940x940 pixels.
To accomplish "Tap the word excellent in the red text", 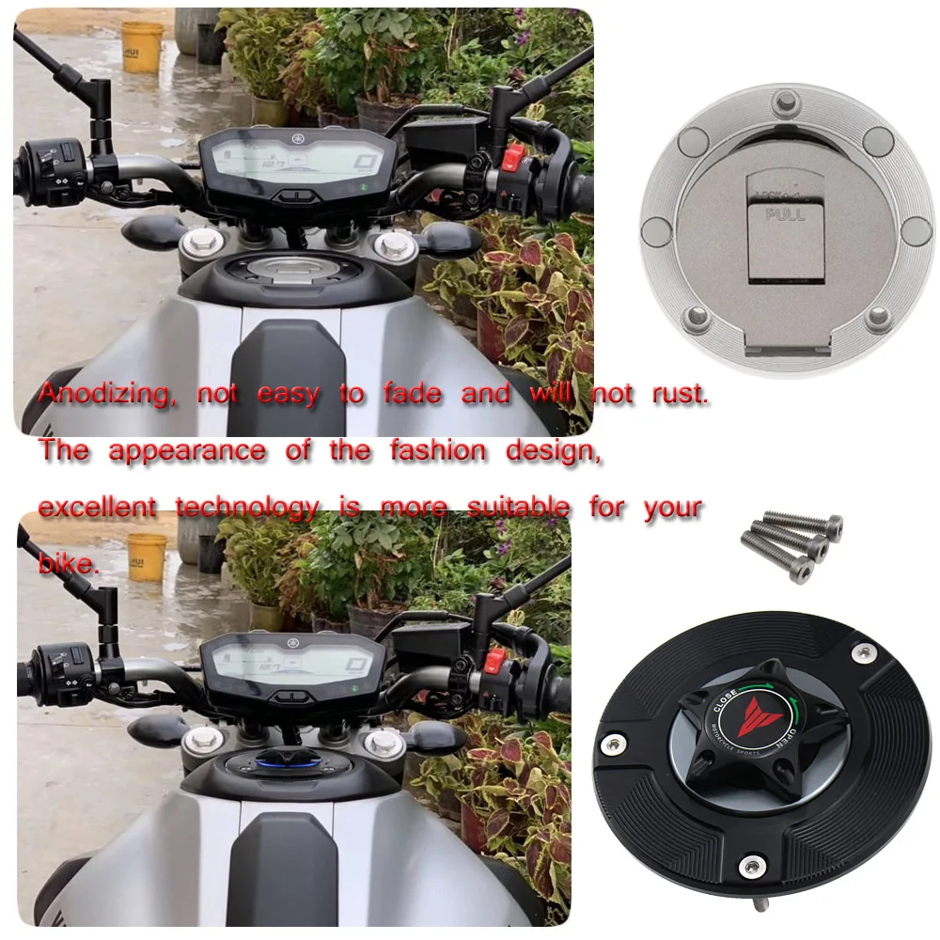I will [x=98, y=509].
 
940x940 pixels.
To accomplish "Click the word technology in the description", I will [x=247, y=509].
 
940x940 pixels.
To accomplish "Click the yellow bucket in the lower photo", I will [x=147, y=556].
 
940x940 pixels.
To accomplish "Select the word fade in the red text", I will [x=412, y=395].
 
